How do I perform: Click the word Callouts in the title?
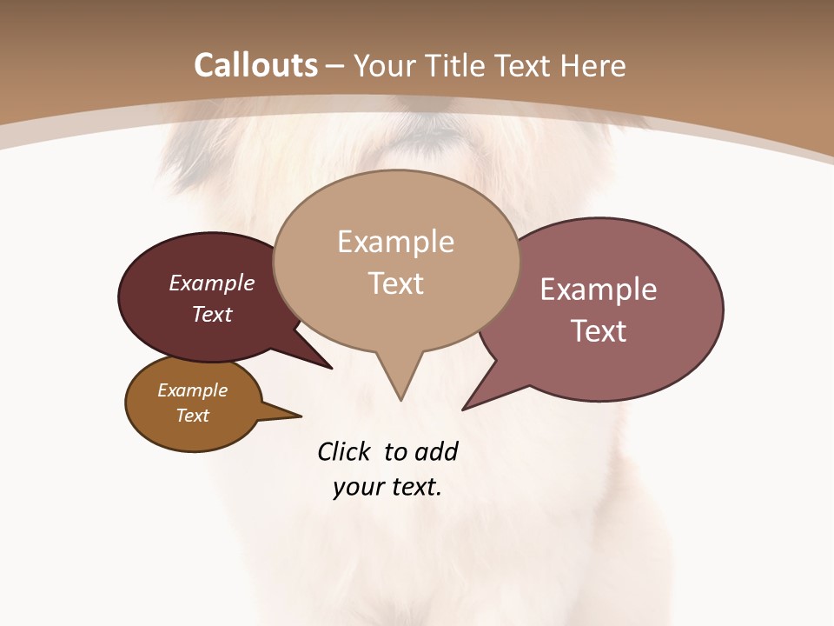click(x=255, y=65)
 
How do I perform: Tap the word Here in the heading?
click(x=593, y=65)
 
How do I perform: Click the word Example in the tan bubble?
click(x=395, y=242)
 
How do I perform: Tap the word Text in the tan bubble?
click(x=395, y=283)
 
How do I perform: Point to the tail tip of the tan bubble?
click(x=400, y=399)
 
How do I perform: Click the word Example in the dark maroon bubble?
click(x=212, y=283)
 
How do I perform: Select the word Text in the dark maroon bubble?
click(x=212, y=314)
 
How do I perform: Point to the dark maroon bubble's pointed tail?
click(x=330, y=367)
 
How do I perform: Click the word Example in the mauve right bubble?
click(x=599, y=289)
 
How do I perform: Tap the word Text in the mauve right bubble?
click(x=599, y=330)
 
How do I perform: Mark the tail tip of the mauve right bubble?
click(x=464, y=409)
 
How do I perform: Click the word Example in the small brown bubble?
click(x=192, y=390)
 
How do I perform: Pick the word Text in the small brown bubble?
click(x=192, y=416)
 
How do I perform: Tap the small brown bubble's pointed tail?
click(x=300, y=416)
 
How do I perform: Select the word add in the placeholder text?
click(x=435, y=451)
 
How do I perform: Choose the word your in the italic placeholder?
click(x=358, y=487)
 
